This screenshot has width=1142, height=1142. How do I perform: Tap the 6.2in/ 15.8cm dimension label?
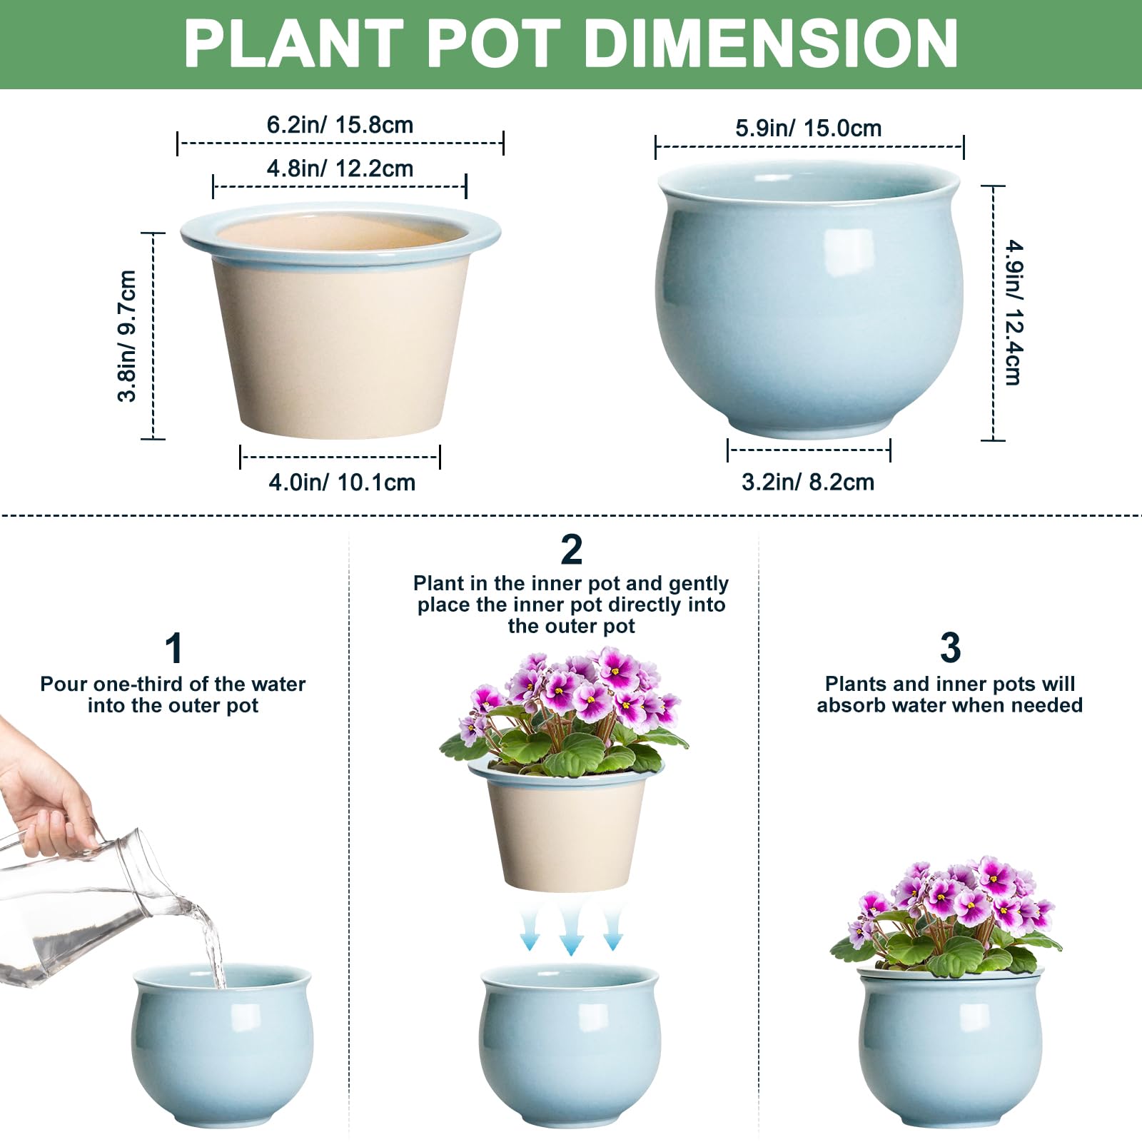coord(340,125)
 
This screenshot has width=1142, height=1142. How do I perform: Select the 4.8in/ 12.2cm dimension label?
coord(340,168)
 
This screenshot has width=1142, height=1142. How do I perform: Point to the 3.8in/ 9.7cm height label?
coord(127,336)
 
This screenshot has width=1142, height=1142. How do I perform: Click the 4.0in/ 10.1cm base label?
coord(342,482)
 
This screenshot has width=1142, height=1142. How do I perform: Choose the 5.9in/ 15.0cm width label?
coord(808,128)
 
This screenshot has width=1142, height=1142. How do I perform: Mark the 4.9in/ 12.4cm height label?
coord(1014,313)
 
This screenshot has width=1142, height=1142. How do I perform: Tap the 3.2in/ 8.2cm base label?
coord(808,482)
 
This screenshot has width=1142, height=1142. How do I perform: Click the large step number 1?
coord(174,648)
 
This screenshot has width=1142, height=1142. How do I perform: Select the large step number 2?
coord(571,550)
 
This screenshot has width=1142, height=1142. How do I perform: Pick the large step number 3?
coord(950,648)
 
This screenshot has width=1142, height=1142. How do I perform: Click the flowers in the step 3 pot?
coord(946,916)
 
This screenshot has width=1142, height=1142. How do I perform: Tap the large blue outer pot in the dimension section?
coord(809,300)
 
